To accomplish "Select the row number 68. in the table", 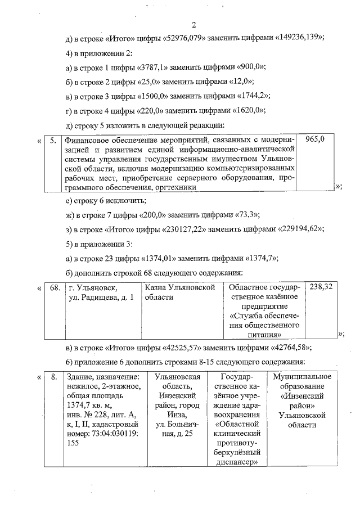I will [55, 287].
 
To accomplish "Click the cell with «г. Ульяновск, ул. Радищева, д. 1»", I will [101, 292].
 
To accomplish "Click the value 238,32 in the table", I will [321, 287].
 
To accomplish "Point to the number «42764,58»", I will [289, 346].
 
